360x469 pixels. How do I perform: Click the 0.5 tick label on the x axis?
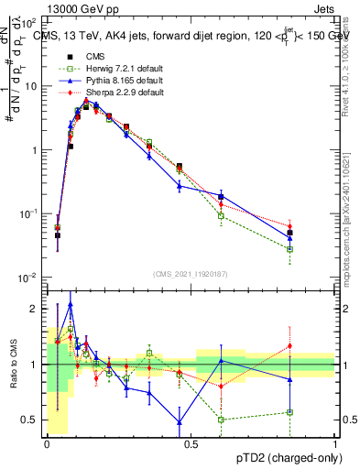[x=191, y=442]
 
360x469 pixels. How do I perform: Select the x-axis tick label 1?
[x=336, y=442]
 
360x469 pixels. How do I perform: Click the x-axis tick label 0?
[x=48, y=442]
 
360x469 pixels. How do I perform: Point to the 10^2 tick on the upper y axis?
[x=29, y=22]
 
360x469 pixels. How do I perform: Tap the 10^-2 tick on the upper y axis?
[x=28, y=277]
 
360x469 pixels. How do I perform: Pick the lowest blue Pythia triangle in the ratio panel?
[x=180, y=422]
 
